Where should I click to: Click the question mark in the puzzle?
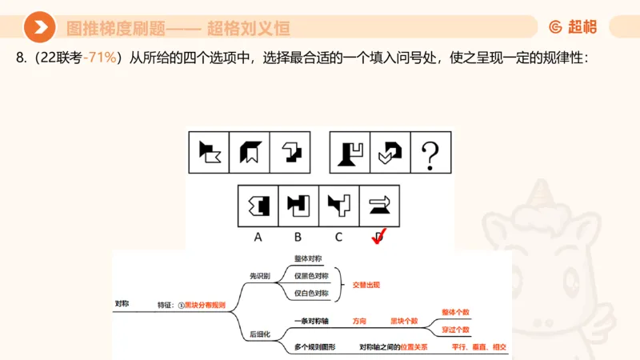tap(431, 152)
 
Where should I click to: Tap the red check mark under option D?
tap(378, 237)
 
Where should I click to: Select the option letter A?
tap(258, 237)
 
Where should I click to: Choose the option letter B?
tap(298, 237)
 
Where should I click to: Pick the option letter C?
tap(338, 237)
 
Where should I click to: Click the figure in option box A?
tap(258, 205)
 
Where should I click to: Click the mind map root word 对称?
tap(122, 304)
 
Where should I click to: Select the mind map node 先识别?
tap(261, 276)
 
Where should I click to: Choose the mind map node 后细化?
tap(261, 334)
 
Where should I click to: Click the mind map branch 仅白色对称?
tap(310, 294)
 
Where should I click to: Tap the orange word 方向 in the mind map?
tap(360, 321)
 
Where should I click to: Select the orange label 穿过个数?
tap(455, 330)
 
